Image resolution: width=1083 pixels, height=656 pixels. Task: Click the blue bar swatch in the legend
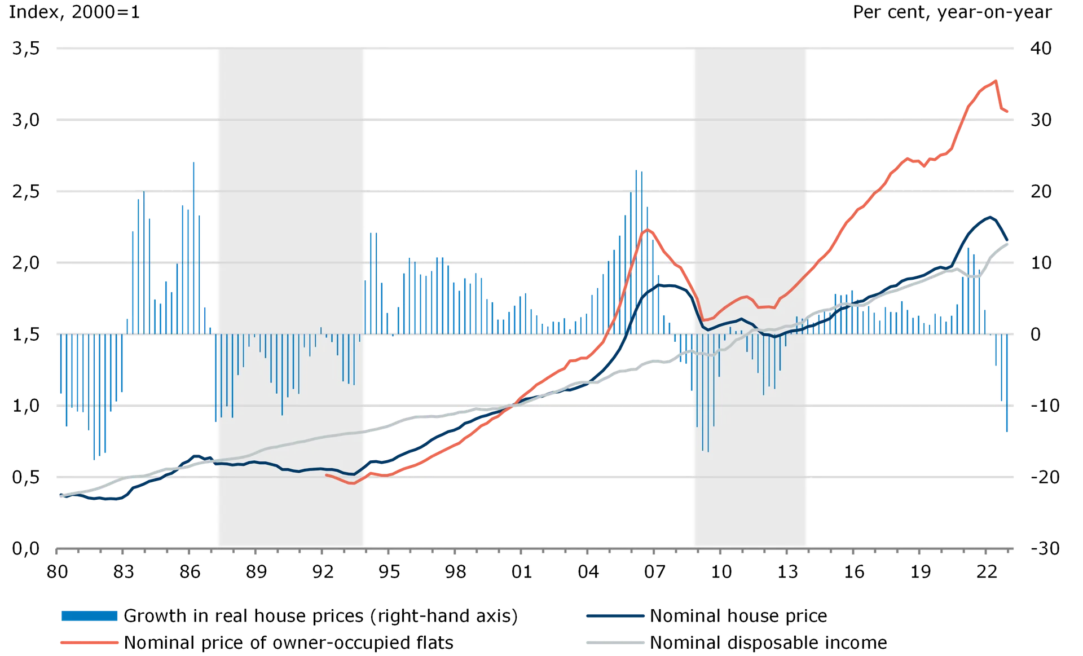90,616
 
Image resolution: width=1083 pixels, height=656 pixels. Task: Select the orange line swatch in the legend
90,641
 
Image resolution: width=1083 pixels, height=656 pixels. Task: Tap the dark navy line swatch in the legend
615,616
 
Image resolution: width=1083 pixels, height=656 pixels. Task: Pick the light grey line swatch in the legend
615,641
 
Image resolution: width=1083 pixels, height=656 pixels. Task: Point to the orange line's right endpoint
1009,112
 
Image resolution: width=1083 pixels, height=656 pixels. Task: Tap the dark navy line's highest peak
990,215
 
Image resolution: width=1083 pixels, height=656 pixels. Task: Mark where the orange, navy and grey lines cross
512,405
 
